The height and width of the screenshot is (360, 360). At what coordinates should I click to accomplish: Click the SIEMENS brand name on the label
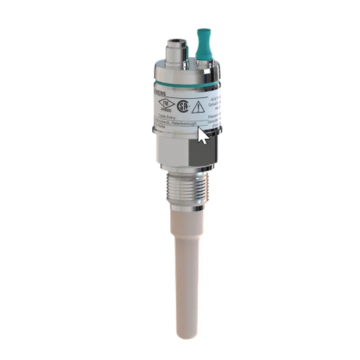[x=160, y=92]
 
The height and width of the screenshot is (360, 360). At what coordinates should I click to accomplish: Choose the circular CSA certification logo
[x=182, y=107]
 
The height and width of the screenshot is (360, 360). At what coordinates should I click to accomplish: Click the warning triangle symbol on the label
[x=198, y=107]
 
